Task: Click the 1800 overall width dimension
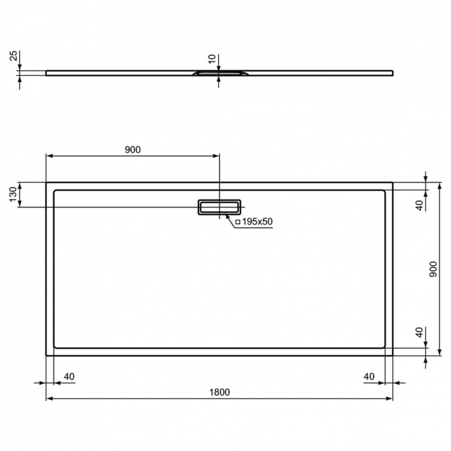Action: [219, 391]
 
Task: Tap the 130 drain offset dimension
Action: [13, 194]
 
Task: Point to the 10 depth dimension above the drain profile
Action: [211, 59]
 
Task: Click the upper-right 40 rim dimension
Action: [419, 203]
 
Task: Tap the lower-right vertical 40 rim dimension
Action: [419, 334]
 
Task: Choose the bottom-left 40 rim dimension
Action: [69, 376]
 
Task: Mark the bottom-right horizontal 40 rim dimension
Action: [369, 376]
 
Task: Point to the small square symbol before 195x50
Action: [238, 222]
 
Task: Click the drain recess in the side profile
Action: [218, 73]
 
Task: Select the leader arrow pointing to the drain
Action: [229, 217]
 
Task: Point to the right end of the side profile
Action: [391, 73]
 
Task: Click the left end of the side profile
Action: [48, 73]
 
